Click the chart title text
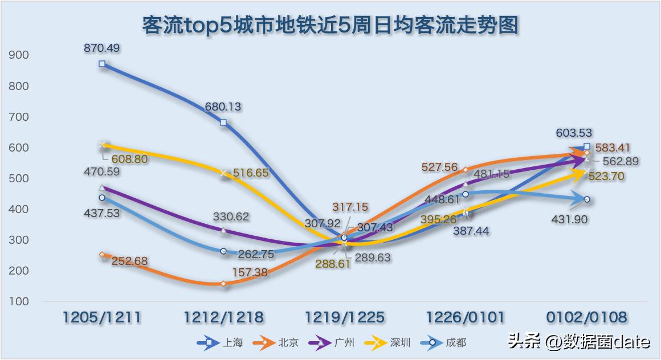click(x=330, y=26)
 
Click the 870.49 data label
click(x=101, y=48)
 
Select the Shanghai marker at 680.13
click(x=223, y=122)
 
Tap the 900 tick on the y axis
click(x=19, y=55)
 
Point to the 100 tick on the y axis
click(x=19, y=301)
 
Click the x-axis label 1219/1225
click(x=345, y=317)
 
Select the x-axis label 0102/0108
click(x=587, y=317)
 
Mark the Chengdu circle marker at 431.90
click(x=586, y=199)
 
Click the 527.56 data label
click(x=439, y=167)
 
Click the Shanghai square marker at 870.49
click(x=102, y=64)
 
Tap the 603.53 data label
click(x=575, y=133)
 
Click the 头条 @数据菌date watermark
click(x=579, y=342)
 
